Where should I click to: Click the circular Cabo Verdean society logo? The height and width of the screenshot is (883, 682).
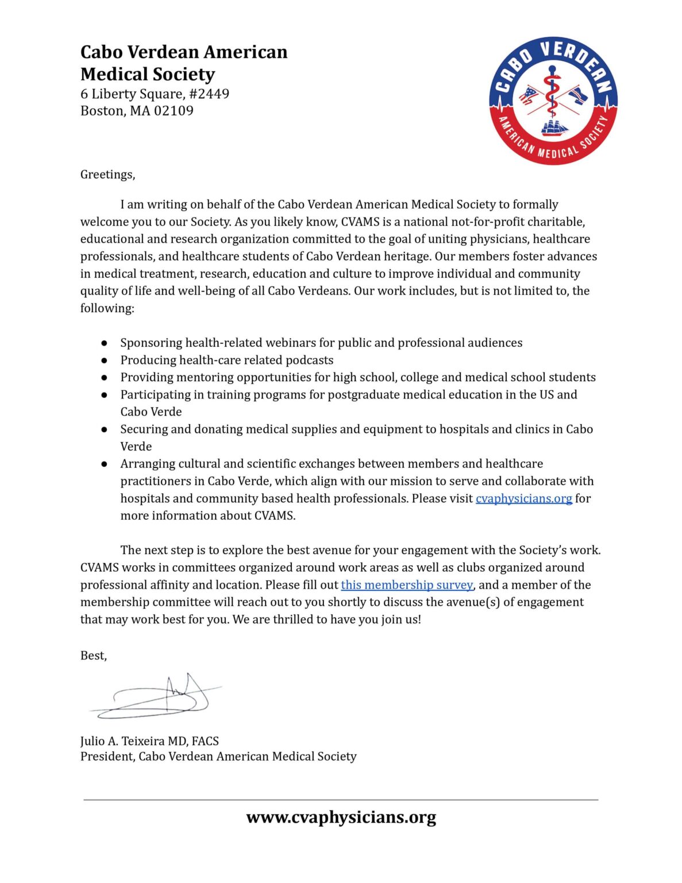tap(553, 101)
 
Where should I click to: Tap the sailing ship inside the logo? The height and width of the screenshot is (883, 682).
tap(554, 128)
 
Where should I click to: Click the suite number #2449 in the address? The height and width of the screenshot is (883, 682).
tap(209, 94)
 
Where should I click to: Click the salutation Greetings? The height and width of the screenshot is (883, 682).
tap(107, 174)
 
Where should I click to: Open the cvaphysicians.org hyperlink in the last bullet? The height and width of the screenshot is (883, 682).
tap(523, 498)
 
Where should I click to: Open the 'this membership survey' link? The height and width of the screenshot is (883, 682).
tap(407, 585)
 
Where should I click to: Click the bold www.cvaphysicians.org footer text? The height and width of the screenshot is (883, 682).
tap(341, 817)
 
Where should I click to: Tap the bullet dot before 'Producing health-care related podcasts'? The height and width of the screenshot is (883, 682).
tap(105, 360)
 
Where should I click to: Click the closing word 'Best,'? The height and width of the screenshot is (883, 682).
tap(94, 655)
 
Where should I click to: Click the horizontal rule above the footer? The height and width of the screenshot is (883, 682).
tap(341, 799)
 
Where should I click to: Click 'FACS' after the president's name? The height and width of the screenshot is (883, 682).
tap(205, 741)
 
